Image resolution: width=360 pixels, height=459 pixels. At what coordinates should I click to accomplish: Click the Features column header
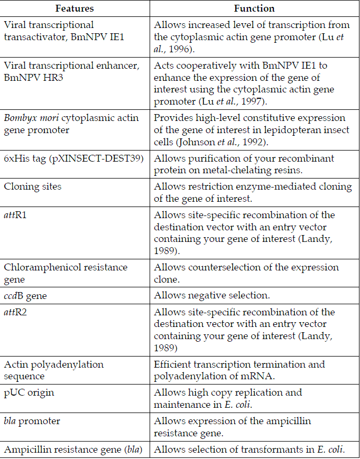76,8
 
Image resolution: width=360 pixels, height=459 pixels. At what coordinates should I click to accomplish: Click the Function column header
254,8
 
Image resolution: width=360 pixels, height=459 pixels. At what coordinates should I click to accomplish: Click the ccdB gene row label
25,296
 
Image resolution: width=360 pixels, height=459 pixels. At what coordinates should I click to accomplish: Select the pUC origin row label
29,393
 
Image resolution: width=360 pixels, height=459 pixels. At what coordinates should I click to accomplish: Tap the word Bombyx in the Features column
21,118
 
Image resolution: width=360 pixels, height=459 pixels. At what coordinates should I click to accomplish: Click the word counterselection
218,267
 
